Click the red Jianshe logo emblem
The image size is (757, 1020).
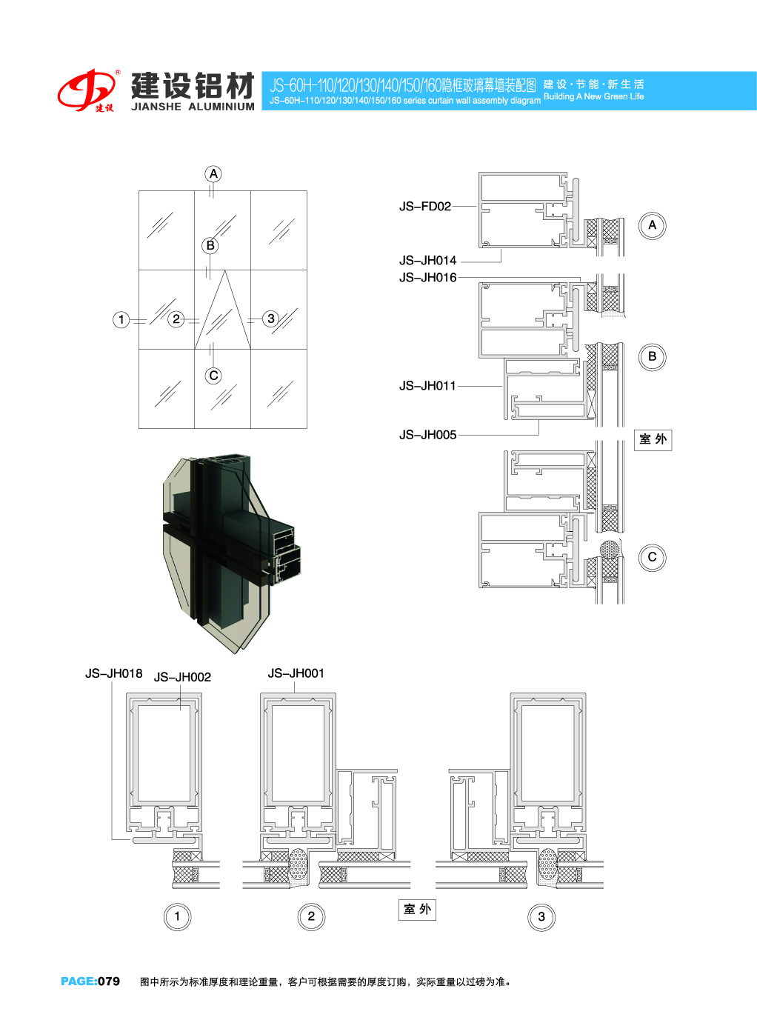(x=87, y=90)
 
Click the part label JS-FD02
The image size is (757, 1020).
(x=425, y=207)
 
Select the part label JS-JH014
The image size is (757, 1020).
(x=427, y=260)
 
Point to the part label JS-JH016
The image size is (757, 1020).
(x=427, y=277)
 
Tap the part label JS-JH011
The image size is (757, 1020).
(x=427, y=385)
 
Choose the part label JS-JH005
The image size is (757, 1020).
(x=427, y=435)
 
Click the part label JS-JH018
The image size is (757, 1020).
(x=113, y=673)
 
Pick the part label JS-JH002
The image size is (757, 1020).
(x=182, y=677)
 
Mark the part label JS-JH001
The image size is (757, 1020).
(x=296, y=673)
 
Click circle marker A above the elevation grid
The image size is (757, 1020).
(x=213, y=174)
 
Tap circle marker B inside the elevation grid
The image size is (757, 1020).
(x=210, y=245)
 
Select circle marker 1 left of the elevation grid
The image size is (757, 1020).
(x=121, y=319)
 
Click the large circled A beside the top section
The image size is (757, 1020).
(x=652, y=225)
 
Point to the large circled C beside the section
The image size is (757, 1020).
(x=652, y=557)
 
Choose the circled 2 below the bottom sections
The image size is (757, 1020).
(x=311, y=916)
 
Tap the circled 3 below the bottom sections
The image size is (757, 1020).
(x=541, y=916)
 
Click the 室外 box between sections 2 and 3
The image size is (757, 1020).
(x=417, y=909)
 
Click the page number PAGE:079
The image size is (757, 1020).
(x=90, y=981)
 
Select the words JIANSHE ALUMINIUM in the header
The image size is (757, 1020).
(x=193, y=107)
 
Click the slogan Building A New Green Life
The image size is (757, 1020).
(x=594, y=96)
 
